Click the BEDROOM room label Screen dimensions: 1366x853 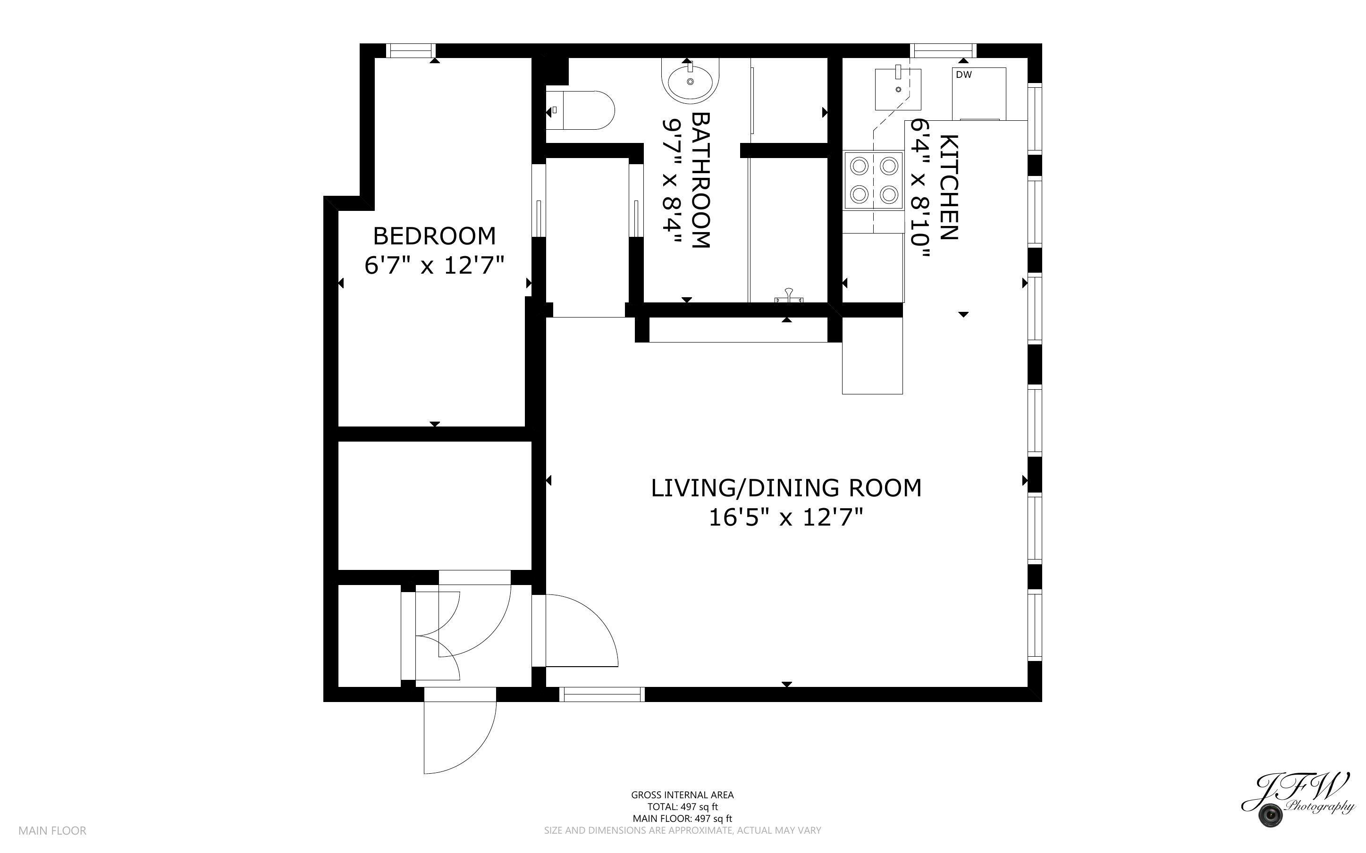tap(434, 236)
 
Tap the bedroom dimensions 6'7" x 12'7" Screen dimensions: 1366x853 tap(434, 265)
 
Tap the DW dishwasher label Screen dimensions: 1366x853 tap(964, 75)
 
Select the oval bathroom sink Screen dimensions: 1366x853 tap(691, 81)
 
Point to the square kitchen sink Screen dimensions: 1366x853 tap(898, 89)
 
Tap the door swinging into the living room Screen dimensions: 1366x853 tap(581, 631)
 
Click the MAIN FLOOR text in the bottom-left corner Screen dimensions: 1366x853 tap(52, 830)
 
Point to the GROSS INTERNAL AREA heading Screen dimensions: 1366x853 tap(682, 795)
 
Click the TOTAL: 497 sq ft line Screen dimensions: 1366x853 tap(682, 807)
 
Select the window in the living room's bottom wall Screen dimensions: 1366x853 tap(602, 694)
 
